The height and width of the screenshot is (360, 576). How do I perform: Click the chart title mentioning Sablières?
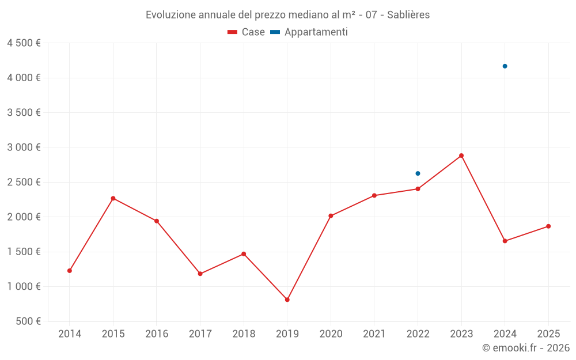(x=287, y=14)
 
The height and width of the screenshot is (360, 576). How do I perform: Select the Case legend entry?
(x=246, y=32)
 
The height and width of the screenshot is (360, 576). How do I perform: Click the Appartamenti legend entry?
(x=309, y=32)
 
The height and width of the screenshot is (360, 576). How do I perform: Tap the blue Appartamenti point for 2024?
(x=505, y=66)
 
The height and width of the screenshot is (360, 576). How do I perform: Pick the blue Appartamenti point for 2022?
(x=418, y=173)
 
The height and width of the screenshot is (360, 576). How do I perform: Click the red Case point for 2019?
(x=287, y=300)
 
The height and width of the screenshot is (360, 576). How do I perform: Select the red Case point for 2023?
(x=461, y=156)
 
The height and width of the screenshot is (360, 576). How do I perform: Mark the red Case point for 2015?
(x=113, y=198)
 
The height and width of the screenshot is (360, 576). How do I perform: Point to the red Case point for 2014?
(x=70, y=271)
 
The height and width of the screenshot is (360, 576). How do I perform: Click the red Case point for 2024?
(x=505, y=241)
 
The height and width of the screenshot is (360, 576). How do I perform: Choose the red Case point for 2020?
(x=331, y=216)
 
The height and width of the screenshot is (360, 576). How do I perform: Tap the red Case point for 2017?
(x=200, y=274)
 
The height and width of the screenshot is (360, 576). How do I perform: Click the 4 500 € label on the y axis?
(x=24, y=43)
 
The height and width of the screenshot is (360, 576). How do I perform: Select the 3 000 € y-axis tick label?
(x=24, y=147)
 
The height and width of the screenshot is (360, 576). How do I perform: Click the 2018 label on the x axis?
(x=244, y=334)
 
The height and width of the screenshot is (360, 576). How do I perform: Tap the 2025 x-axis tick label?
(x=548, y=334)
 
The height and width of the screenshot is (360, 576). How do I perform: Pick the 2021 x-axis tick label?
(x=374, y=334)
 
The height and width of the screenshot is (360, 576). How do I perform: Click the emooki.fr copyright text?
(x=525, y=348)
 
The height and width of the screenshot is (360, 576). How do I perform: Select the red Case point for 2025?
(x=548, y=226)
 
